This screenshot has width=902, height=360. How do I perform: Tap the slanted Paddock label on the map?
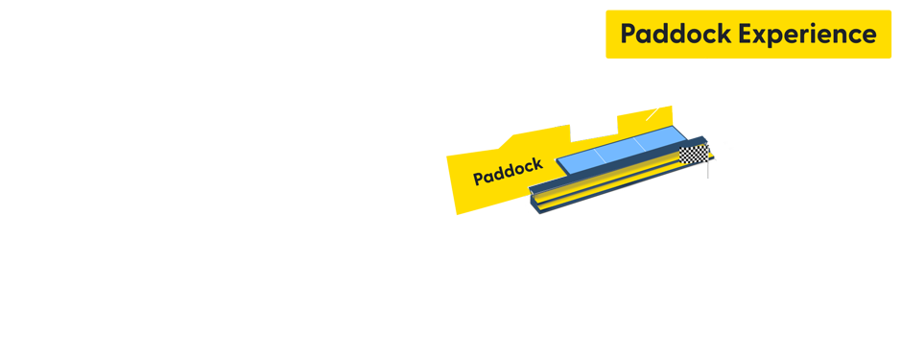[x=508, y=171]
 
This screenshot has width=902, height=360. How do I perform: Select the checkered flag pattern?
[x=693, y=156]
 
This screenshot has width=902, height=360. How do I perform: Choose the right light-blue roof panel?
[x=657, y=140]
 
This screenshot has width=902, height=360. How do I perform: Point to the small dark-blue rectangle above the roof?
[x=593, y=131]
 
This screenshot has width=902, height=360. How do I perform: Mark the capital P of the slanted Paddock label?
[x=478, y=180]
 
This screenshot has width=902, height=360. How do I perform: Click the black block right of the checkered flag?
[x=721, y=155]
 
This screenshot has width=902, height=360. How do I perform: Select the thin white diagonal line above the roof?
[x=653, y=113]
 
